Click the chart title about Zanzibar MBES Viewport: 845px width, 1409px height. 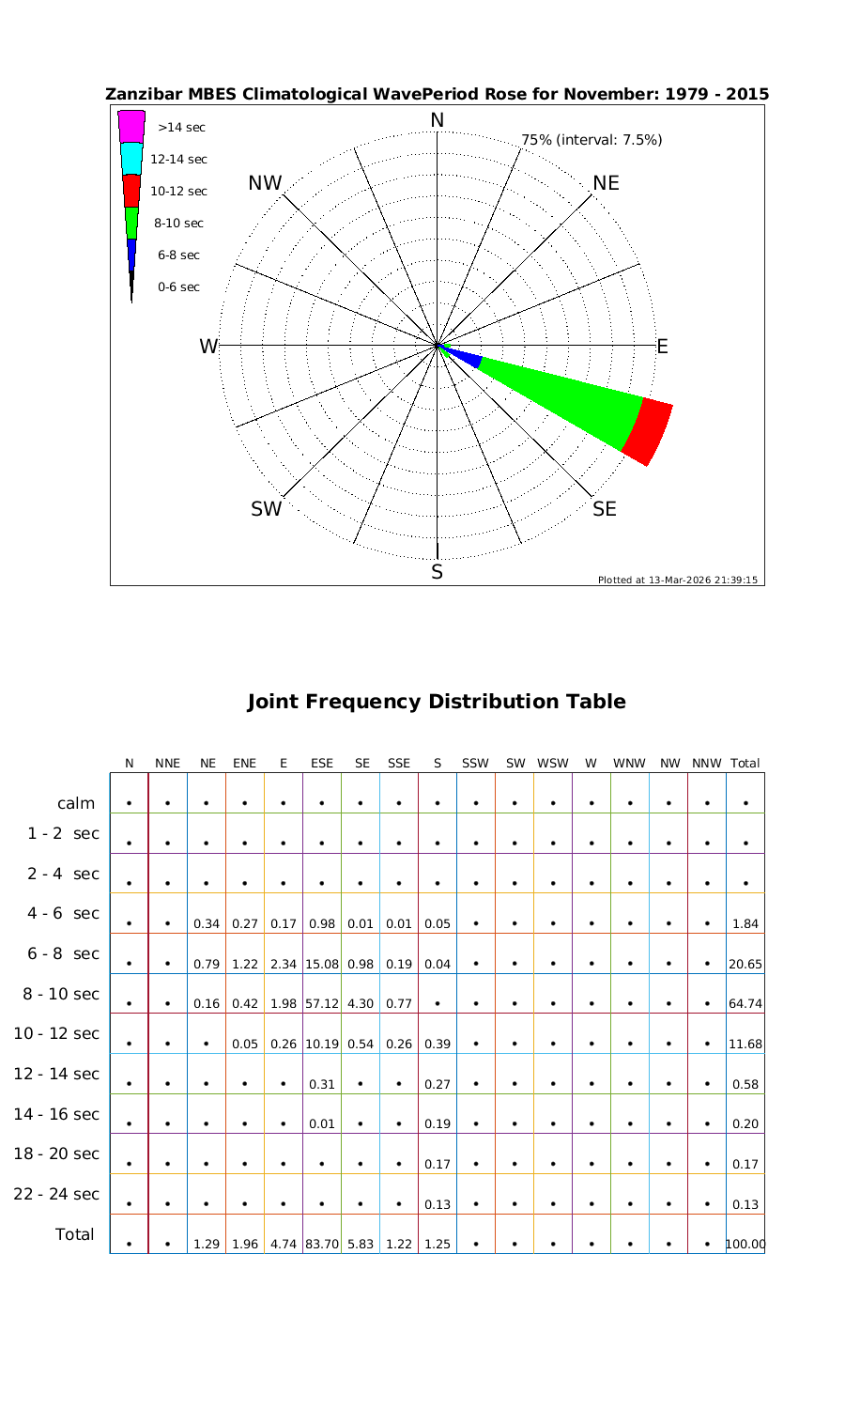(438, 94)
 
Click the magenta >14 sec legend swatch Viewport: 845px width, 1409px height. (131, 127)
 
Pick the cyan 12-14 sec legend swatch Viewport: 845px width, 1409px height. (131, 159)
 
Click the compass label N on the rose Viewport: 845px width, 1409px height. (437, 120)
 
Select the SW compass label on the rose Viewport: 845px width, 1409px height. (266, 509)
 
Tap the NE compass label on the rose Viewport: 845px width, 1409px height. (607, 183)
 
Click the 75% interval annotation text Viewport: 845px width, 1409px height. (591, 140)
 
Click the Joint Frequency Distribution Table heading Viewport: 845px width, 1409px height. (437, 702)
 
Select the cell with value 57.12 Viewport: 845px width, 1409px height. (322, 1003)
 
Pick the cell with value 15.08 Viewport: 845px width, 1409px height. (322, 964)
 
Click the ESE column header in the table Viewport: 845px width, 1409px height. (322, 764)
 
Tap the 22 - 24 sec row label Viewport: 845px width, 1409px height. (56, 1194)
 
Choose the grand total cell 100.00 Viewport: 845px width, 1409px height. (745, 1245)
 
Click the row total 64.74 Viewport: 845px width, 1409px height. (745, 1003)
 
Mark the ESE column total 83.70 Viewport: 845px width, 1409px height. (322, 1245)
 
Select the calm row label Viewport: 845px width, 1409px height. (76, 803)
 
